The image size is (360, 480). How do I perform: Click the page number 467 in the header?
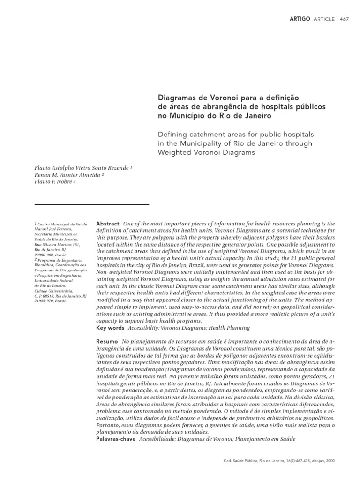(344, 19)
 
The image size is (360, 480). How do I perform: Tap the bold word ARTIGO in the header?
(300, 19)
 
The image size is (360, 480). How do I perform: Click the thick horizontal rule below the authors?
(92, 205)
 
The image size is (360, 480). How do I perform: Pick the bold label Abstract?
(107, 224)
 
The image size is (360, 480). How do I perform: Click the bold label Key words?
(110, 328)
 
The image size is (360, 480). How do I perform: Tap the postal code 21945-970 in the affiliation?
(45, 301)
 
